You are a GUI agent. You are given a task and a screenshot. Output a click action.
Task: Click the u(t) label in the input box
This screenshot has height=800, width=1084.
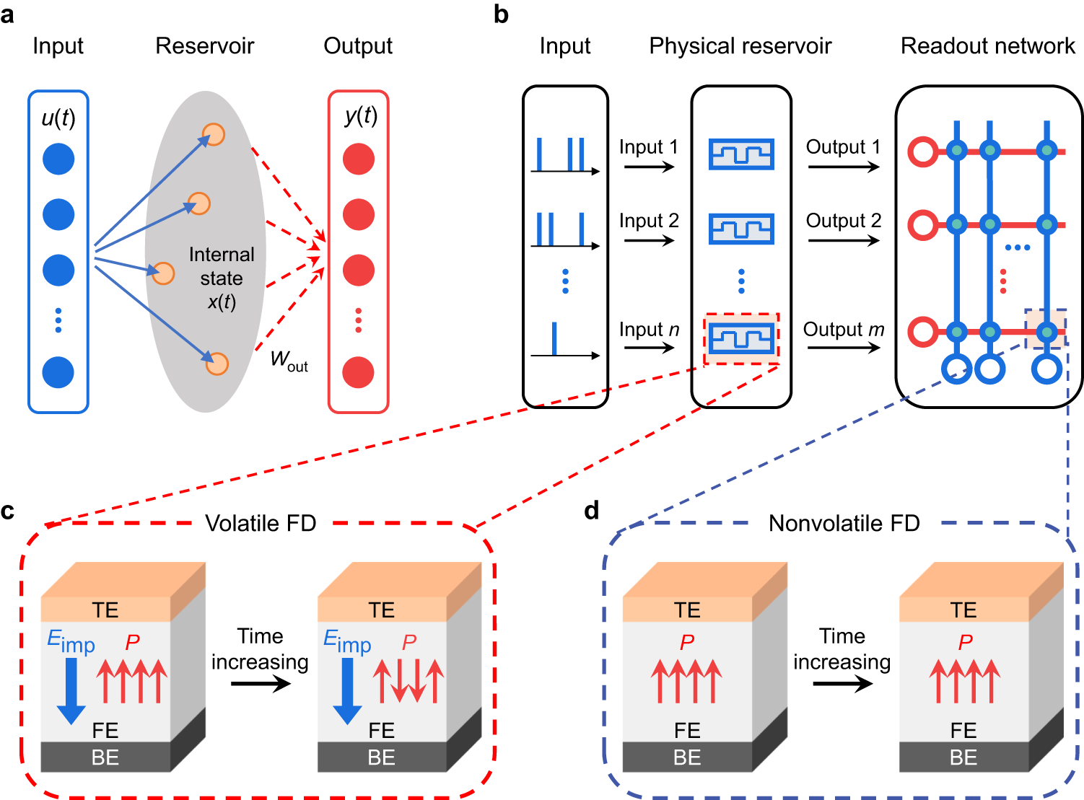point(58,118)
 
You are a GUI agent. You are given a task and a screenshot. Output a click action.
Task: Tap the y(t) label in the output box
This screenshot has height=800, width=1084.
point(361,117)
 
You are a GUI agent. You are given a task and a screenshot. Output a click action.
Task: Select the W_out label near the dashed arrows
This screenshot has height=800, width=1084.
point(289,361)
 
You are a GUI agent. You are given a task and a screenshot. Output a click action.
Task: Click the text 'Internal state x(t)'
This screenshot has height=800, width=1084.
point(222,278)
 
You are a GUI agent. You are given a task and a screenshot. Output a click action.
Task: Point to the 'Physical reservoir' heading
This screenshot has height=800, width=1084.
point(740,46)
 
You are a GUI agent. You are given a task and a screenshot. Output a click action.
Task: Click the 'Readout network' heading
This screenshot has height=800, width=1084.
point(988,46)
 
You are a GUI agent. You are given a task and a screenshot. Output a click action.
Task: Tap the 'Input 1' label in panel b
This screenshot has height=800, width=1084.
point(649,146)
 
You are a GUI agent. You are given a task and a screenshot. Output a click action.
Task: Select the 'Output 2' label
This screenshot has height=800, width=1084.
point(844,221)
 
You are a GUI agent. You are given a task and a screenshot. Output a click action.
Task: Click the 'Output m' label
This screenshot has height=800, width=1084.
point(844,330)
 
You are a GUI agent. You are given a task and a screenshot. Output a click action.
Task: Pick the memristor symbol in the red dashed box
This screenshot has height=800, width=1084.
point(741,338)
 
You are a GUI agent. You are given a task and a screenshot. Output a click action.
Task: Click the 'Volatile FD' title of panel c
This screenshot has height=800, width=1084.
point(261,524)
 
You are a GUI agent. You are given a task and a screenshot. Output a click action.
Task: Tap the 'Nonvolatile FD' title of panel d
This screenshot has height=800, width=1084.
point(844,524)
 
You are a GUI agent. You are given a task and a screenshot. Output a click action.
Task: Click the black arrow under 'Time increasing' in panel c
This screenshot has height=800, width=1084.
point(261,683)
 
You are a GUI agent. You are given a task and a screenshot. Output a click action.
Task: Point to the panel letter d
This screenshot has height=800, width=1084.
point(591,511)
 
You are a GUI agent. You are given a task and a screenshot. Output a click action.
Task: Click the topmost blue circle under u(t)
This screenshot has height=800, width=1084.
point(58,159)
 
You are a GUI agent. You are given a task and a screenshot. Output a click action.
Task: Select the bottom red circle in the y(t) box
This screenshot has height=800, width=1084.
point(358,372)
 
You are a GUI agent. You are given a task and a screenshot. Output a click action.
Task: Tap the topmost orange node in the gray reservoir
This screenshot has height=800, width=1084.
point(214,134)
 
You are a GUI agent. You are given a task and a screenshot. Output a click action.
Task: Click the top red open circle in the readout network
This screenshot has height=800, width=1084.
point(922,151)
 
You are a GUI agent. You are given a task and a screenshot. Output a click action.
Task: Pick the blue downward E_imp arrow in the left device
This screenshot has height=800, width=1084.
point(71,691)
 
